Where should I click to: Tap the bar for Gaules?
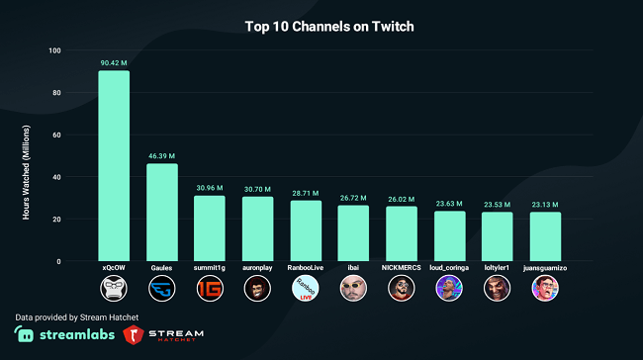click(161, 212)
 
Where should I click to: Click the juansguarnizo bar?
click(545, 236)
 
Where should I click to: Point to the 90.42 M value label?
click(114, 62)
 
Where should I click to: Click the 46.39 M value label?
click(161, 155)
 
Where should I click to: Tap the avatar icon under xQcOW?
click(114, 289)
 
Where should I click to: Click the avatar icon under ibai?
click(353, 289)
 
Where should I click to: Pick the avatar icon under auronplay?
click(257, 289)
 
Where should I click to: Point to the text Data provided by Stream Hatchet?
click(76, 315)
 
